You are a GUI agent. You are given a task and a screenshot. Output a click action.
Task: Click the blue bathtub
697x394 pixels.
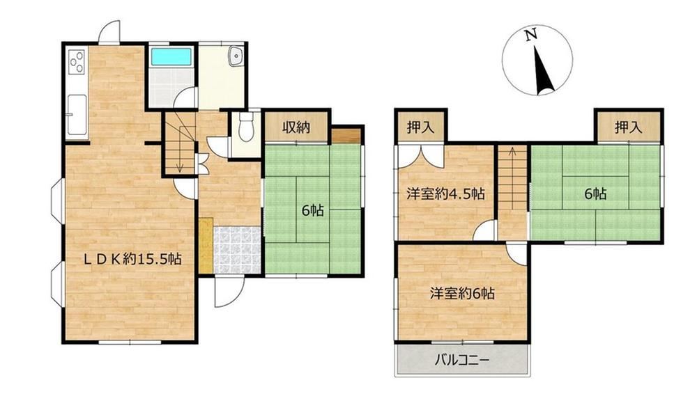coord(171,57)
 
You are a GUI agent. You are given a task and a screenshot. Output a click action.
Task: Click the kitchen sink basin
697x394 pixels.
coord(77,115)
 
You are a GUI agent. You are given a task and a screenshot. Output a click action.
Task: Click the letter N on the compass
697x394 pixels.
coord(530,35)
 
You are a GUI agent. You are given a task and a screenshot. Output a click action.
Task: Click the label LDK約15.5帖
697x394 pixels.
coord(133,259)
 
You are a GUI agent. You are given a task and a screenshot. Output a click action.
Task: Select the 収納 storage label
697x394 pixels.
coord(296,127)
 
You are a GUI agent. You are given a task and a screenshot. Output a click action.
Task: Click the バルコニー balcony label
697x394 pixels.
coord(462,359)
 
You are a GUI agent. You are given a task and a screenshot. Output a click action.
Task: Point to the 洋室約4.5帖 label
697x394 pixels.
coord(445,194)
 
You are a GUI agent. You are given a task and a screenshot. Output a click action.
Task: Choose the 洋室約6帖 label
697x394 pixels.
coord(462,293)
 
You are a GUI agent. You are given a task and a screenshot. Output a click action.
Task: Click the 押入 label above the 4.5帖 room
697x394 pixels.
coord(420,127)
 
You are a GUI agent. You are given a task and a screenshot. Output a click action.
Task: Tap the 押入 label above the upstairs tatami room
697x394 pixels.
coord(629,128)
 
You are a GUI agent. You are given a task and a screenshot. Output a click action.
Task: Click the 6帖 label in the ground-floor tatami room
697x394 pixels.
coord(312,210)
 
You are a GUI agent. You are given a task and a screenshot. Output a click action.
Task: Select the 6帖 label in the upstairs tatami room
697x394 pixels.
coord(596,194)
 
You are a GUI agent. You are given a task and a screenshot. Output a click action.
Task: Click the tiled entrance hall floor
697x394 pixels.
coord(238,250)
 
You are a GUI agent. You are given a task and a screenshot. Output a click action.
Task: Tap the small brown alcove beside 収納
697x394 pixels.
coord(346,136)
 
